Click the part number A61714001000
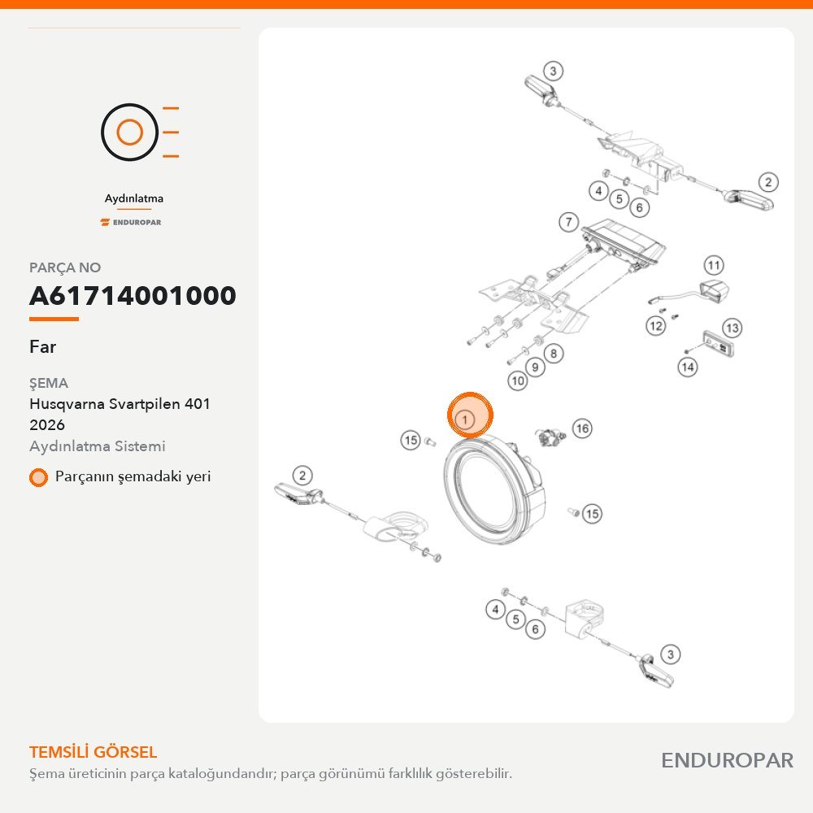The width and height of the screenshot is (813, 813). pos(133,296)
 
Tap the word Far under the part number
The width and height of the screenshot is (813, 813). pos(42,346)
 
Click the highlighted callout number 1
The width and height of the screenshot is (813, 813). pos(465,419)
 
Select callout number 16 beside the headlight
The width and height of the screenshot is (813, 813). pos(582,428)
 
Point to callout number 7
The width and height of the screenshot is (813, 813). pos(569,223)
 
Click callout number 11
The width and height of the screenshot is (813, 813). pos(714,266)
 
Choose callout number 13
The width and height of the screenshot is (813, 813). pos(733,328)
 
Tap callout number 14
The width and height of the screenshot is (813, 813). pos(688,367)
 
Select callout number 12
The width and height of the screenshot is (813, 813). pos(656,326)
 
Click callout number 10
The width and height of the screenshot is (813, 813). pos(517,381)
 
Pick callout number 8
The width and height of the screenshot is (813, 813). pos(554,354)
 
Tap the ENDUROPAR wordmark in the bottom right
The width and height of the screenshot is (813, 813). pos(727,761)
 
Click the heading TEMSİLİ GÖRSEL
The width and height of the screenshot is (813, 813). pos(93,752)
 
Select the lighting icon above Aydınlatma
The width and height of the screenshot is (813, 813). pos(140,132)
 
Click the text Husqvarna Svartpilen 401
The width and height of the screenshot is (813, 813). pos(120,404)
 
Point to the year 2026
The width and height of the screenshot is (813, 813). pos(47,425)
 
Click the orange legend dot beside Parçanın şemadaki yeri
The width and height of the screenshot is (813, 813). pos(38,477)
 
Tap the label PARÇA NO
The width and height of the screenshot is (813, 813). pos(65,267)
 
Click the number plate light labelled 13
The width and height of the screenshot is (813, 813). pos(720,344)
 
